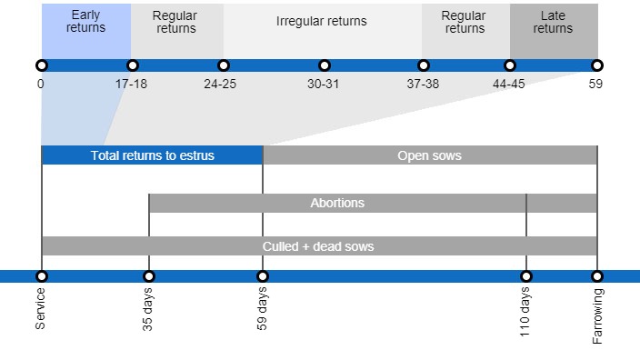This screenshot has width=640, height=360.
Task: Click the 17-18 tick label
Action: coord(132,84)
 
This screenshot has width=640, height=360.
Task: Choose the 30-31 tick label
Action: coord(324,84)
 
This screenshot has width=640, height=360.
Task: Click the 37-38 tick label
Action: coord(423,84)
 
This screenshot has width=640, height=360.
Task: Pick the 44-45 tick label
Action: coord(509,84)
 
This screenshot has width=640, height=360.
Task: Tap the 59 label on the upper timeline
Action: coord(595,84)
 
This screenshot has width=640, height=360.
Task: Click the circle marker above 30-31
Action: coord(325,65)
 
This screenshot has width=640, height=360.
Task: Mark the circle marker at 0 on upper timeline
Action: coord(42,65)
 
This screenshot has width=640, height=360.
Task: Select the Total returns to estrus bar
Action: coord(152,155)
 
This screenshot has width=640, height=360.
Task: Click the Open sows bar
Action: coord(429,155)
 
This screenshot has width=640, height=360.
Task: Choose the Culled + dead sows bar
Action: coord(318,246)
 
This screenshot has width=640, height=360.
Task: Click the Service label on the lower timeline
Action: coord(41,308)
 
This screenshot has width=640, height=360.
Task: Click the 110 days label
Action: coord(525,313)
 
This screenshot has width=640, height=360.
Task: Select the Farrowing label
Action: coord(597,316)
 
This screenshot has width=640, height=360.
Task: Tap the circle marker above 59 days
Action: coord(263,276)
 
